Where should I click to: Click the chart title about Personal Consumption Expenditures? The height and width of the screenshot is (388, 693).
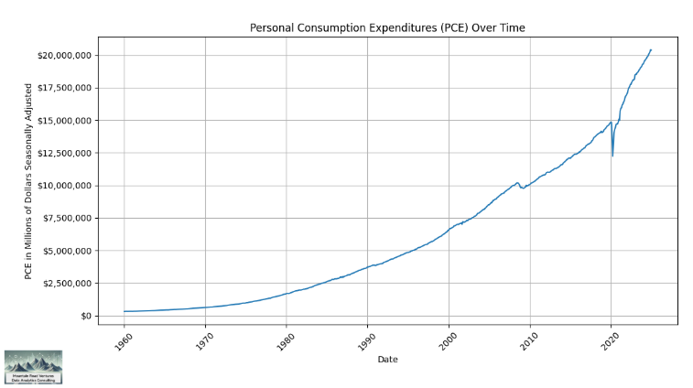click(387, 28)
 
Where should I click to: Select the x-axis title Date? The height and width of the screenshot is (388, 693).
click(387, 360)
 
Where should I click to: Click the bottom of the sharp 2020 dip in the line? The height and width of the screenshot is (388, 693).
click(612, 156)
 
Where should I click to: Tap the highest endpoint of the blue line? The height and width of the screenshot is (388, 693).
click(651, 49)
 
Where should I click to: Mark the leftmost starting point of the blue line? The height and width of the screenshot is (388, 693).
click(125, 311)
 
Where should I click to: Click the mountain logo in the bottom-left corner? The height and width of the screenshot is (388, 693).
click(33, 365)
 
